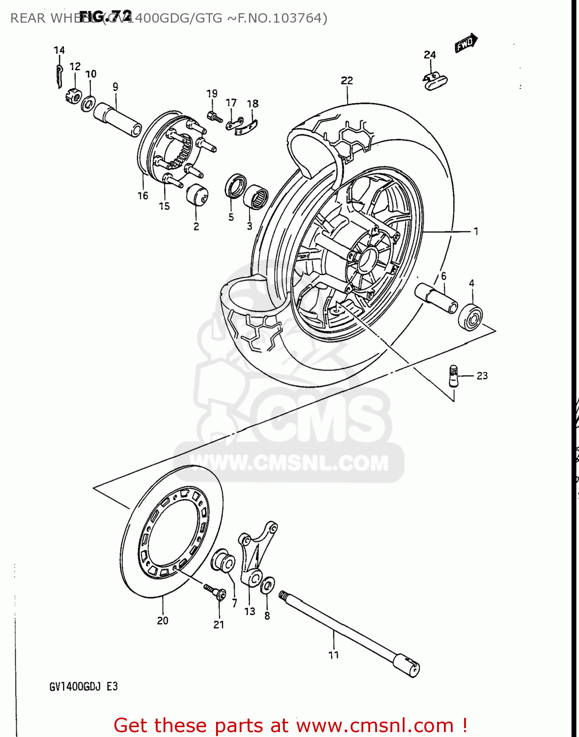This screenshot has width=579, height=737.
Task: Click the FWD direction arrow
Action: pos(466,43)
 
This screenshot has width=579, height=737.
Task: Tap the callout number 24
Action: pos(430,55)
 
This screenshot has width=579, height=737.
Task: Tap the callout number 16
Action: pos(142,196)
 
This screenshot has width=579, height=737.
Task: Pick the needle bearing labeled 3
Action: pos(256,197)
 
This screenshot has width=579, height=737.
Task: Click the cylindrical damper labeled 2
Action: pos(197,195)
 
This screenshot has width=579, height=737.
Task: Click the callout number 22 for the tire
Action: pos(347,80)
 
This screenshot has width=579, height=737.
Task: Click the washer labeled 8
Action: pos(268,586)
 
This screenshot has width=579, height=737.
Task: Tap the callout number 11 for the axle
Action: pos(333,654)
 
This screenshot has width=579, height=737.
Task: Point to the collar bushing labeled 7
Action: pos(223,561)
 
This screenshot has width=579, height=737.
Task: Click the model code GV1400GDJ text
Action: pos(75,686)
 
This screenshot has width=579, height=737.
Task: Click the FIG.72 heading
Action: pos(106,16)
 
